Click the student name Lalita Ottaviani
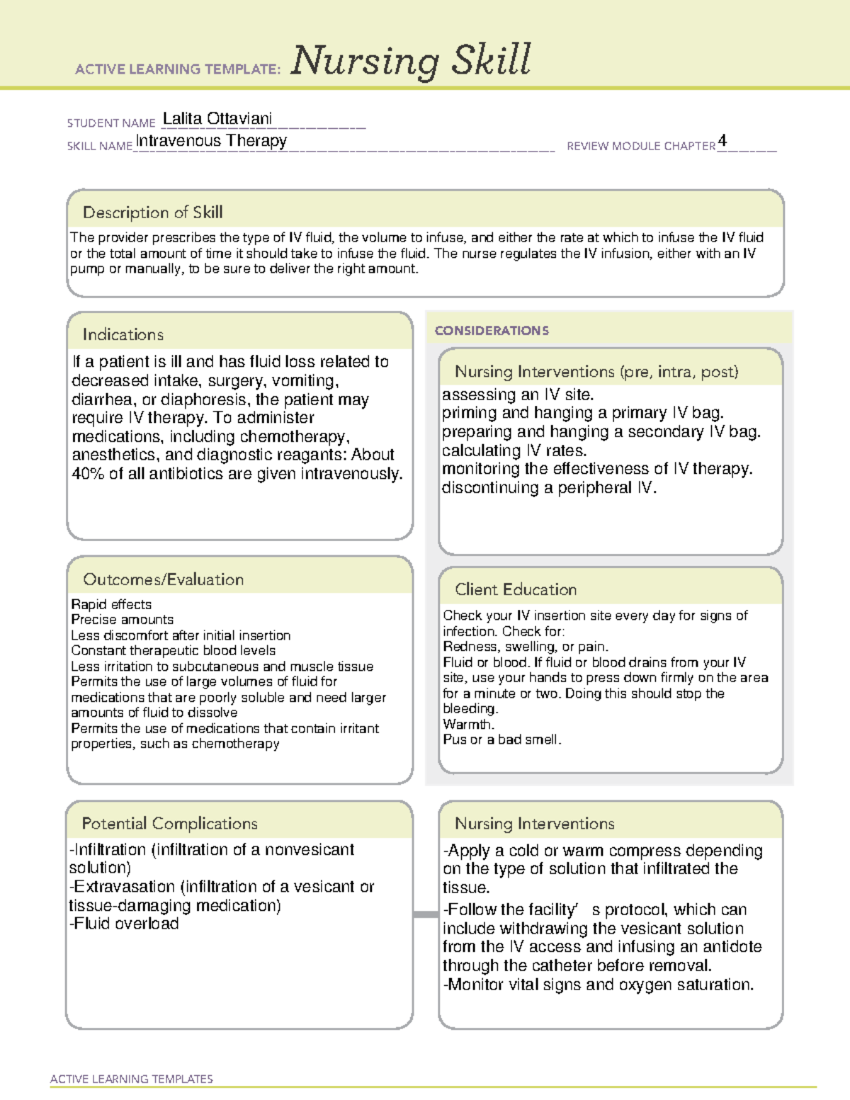click(x=217, y=118)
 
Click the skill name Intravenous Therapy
click(x=211, y=141)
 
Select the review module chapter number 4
click(x=722, y=140)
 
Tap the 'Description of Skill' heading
click(x=152, y=212)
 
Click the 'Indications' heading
click(x=123, y=334)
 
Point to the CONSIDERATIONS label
click(x=492, y=331)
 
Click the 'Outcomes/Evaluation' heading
click(x=163, y=579)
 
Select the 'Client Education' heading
click(x=515, y=589)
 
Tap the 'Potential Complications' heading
click(x=169, y=823)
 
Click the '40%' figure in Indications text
click(x=88, y=474)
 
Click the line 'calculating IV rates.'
click(x=514, y=450)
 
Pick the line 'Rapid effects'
click(x=111, y=604)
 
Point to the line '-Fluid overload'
click(x=124, y=924)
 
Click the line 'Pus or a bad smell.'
click(x=501, y=739)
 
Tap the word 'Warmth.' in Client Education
click(x=468, y=724)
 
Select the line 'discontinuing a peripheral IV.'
click(x=549, y=488)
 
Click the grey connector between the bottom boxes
click(x=426, y=914)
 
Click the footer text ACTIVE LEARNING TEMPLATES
click(x=132, y=1079)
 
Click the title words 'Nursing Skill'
click(x=411, y=61)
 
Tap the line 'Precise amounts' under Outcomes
click(x=122, y=620)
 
